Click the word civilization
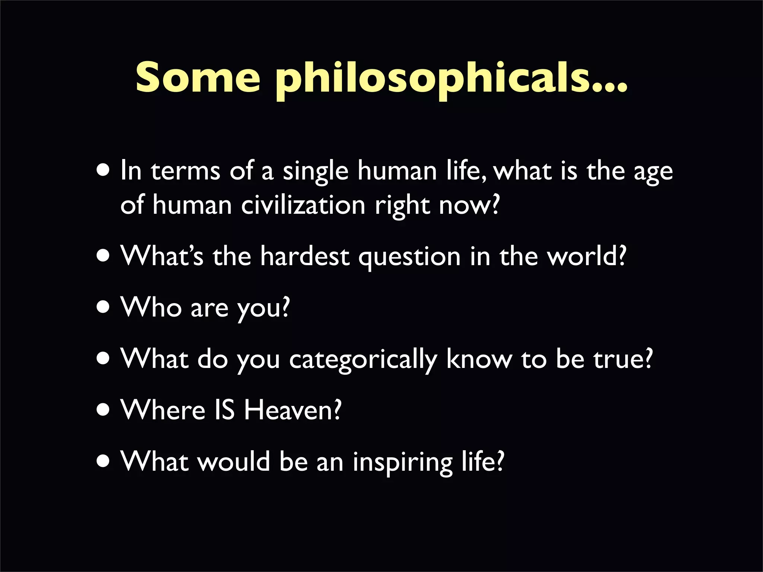(x=303, y=205)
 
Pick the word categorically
(x=363, y=360)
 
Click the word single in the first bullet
(x=316, y=172)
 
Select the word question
(x=409, y=257)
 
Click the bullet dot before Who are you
(x=103, y=307)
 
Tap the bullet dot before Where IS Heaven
(x=103, y=410)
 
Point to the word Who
(x=151, y=307)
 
